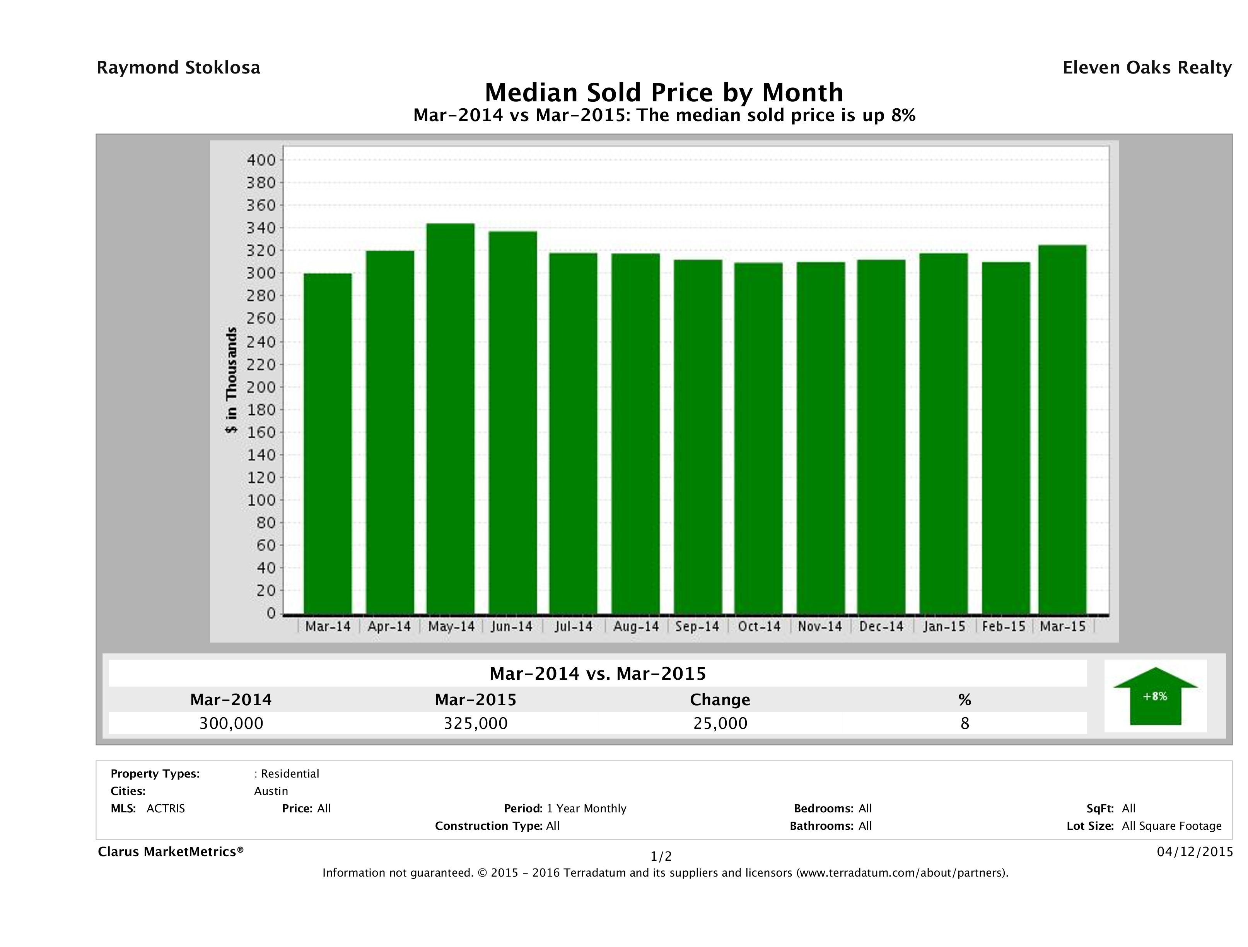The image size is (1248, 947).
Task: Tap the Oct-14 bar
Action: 758,439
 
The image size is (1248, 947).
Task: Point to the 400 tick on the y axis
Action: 261,160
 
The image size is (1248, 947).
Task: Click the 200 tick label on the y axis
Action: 261,387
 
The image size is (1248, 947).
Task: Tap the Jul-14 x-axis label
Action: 573,626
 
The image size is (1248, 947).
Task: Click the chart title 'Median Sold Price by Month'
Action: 664,92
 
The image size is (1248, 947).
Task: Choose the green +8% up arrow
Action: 1155,696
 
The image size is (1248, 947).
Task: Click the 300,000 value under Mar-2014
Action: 231,723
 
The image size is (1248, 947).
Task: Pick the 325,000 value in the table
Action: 476,723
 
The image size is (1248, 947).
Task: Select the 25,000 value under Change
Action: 720,723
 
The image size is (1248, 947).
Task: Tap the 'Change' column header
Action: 720,700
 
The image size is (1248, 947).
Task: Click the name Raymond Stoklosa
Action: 178,68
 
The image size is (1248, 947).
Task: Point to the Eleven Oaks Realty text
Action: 1146,68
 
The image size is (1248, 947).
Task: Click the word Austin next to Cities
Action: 271,791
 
